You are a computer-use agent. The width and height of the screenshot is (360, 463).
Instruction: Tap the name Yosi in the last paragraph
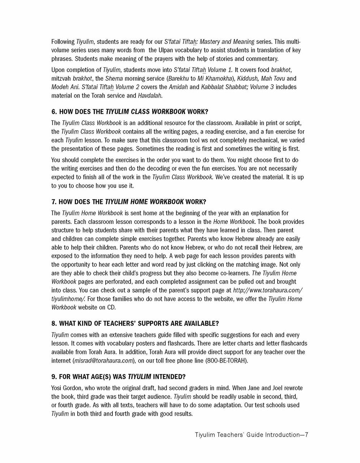57,388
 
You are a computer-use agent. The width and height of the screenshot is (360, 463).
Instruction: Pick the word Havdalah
150,96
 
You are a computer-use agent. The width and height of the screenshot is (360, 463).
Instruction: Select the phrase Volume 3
262,87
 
